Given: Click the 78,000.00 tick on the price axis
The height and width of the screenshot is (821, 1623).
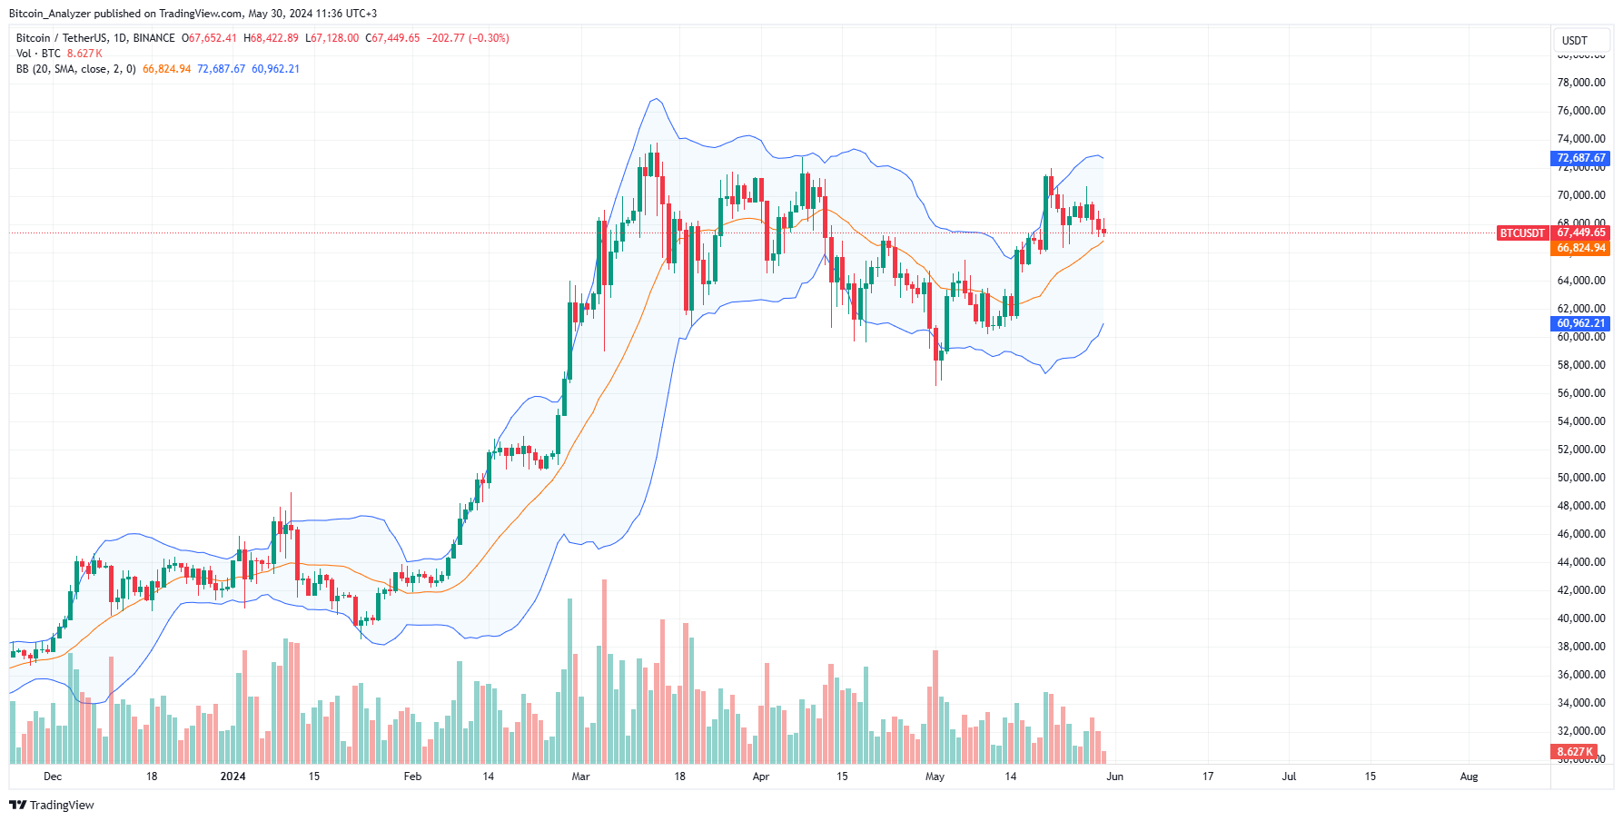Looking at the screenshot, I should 1580,83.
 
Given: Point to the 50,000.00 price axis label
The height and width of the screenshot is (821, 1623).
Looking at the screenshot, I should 1580,478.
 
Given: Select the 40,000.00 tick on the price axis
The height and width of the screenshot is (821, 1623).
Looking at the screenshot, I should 1580,618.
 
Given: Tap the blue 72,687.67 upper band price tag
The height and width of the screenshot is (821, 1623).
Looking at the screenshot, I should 1580,158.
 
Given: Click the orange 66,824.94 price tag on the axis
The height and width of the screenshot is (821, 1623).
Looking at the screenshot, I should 1580,248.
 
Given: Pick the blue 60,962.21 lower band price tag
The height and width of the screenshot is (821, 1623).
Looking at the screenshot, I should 1580,323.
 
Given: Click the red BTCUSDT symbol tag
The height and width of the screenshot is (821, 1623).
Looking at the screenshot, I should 1521,233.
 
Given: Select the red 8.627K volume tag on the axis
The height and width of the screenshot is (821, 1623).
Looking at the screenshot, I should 1574,752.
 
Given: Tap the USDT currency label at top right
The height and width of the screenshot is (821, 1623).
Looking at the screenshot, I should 1574,41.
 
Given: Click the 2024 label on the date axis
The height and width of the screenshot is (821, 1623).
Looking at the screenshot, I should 233,776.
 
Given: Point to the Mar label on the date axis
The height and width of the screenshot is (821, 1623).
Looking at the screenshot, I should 580,776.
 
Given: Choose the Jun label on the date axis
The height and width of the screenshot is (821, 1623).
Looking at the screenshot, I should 1114,776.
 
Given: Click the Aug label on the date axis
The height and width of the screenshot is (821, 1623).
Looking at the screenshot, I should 1469,776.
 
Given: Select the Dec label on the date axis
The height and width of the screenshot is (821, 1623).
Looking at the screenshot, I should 53,776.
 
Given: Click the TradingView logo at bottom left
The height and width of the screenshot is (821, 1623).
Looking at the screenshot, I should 52,806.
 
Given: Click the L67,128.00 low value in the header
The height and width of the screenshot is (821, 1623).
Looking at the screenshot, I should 332,38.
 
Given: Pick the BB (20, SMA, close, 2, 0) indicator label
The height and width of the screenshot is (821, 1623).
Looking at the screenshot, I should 76,69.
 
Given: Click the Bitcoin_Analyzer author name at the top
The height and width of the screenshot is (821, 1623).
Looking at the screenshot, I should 50,14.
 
